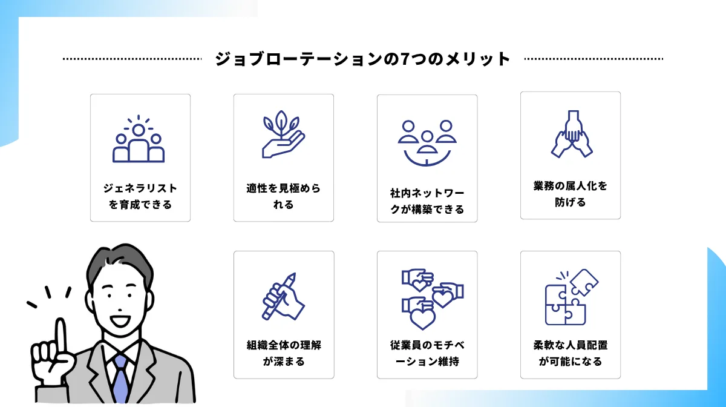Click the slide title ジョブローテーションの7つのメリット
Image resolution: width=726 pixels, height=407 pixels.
(362, 59)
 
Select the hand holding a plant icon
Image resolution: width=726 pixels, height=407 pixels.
(283, 134)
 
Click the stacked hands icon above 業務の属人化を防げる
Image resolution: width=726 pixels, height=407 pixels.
(572, 134)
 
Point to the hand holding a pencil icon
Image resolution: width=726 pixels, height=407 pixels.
(283, 296)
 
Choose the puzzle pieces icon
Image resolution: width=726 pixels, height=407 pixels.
(572, 297)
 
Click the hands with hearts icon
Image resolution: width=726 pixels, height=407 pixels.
(433, 299)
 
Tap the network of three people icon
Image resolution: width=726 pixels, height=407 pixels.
(427, 143)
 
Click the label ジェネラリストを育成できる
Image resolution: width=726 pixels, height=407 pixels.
(140, 196)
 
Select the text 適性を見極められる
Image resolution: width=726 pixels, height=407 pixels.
(284, 196)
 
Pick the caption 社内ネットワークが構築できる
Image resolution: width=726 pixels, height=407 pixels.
(427, 201)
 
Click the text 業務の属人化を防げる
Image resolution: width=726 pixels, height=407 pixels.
(571, 194)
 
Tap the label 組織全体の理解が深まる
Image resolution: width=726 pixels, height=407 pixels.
(284, 353)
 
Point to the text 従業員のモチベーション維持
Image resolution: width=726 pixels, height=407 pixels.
(427, 353)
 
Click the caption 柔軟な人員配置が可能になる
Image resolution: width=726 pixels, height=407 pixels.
(571, 353)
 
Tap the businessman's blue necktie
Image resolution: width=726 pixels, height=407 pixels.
(121, 379)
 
